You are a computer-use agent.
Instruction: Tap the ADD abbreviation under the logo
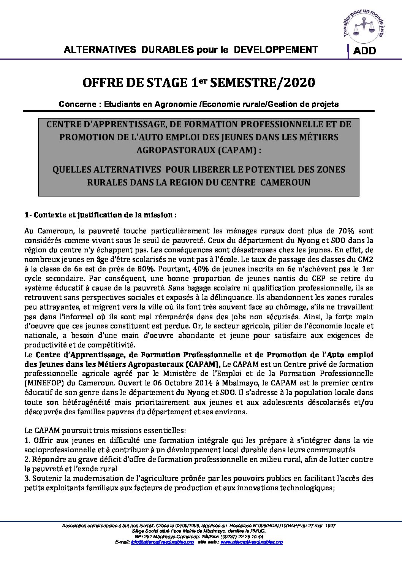click(364, 51)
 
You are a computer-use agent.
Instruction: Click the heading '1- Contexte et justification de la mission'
click(100, 215)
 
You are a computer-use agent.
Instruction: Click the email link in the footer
click(162, 542)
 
